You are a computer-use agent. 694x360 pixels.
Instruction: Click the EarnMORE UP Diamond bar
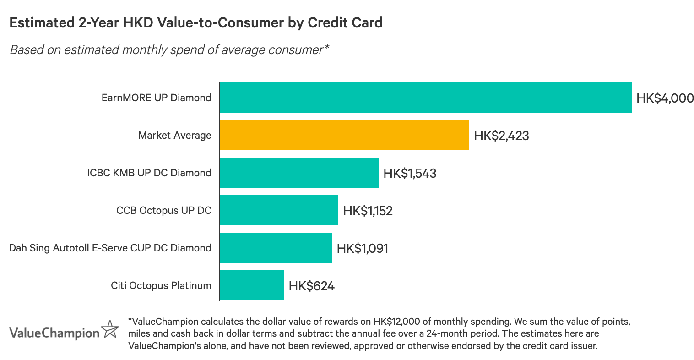(x=425, y=98)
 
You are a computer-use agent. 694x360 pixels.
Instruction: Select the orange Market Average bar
(x=344, y=135)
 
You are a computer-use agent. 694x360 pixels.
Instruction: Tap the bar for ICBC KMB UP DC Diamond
(x=299, y=173)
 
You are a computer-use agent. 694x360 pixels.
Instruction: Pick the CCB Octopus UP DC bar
(x=279, y=210)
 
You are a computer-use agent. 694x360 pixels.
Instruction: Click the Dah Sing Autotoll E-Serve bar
(x=276, y=248)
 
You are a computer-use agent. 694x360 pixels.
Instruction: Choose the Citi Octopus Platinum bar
(x=252, y=285)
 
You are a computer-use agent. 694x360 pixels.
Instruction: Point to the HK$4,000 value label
(x=665, y=98)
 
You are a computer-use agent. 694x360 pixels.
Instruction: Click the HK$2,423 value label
(x=501, y=136)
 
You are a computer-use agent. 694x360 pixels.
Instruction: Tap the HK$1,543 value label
(x=410, y=173)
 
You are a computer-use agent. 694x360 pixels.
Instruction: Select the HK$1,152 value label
(x=368, y=211)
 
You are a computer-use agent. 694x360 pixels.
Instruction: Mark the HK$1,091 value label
(x=362, y=248)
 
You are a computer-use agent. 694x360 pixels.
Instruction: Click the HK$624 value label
(x=311, y=286)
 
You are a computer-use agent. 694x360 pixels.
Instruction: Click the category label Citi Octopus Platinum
(x=161, y=285)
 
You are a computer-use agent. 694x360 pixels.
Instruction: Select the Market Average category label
(x=175, y=135)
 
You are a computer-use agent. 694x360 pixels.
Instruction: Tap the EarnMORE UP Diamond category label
(x=157, y=98)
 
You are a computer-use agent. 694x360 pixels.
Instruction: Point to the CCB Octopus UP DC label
(x=164, y=210)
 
